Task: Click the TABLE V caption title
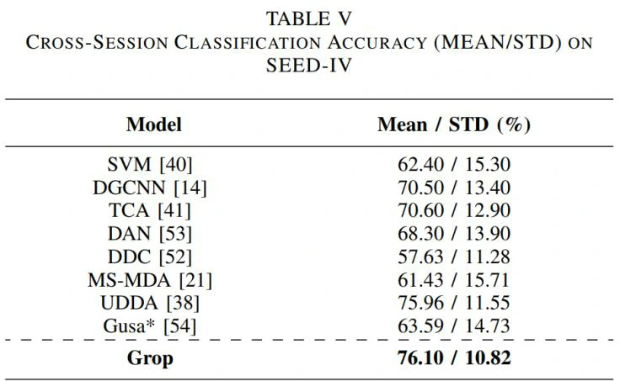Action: (x=309, y=18)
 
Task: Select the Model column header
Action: (x=154, y=125)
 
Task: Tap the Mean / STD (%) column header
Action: (x=454, y=125)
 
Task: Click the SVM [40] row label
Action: (x=155, y=165)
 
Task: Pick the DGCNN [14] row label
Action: (x=155, y=188)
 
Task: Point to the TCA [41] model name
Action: (x=155, y=210)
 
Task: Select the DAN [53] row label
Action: (x=155, y=233)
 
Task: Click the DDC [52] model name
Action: (x=155, y=256)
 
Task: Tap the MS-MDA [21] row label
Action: (x=155, y=278)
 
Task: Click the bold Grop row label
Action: (x=150, y=357)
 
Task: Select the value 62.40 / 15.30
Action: (x=454, y=165)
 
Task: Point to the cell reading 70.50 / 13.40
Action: (x=454, y=188)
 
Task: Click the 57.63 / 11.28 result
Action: (x=454, y=256)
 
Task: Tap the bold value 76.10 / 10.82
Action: (x=454, y=357)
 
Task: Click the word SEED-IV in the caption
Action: (x=309, y=65)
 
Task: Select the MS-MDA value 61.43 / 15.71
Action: (x=454, y=278)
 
